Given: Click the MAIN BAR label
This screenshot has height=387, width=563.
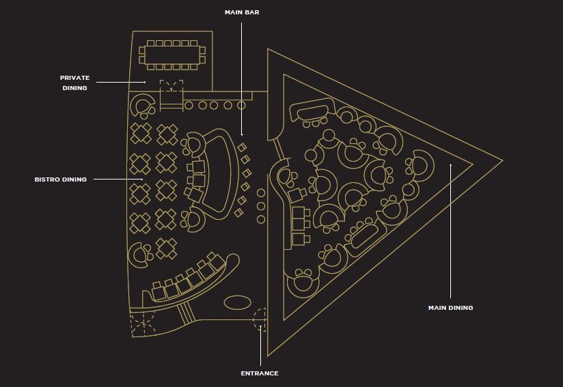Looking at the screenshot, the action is (242, 12).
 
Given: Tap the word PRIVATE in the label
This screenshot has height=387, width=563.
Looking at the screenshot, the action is (74, 78).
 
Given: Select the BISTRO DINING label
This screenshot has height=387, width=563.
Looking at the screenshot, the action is (61, 180).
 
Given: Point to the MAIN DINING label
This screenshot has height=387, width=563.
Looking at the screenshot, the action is (451, 308).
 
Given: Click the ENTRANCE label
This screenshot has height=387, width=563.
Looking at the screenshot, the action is (260, 373).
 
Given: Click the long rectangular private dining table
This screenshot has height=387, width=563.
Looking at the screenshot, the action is (173, 55).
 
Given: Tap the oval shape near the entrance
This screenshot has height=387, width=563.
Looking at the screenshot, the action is (237, 302).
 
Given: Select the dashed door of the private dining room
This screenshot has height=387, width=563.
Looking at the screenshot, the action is (171, 85).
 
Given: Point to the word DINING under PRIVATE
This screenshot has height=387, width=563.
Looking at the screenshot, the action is (74, 88).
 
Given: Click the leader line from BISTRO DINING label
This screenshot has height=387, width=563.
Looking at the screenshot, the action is (118, 179).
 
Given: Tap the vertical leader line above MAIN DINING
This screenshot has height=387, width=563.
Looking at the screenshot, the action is (451, 231).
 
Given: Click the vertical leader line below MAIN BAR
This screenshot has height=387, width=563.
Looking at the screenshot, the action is (241, 78).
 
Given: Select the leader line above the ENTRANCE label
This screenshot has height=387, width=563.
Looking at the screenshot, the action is (261, 346).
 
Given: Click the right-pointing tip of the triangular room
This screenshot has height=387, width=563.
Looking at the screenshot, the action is (502, 160).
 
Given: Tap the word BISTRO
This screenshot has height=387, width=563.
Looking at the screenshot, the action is (47, 180).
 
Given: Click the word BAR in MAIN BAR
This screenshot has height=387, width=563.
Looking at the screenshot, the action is (252, 12).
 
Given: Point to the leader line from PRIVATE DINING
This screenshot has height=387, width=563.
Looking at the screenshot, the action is (121, 82).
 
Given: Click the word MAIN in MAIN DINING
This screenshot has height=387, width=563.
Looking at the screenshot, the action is (437, 308).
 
